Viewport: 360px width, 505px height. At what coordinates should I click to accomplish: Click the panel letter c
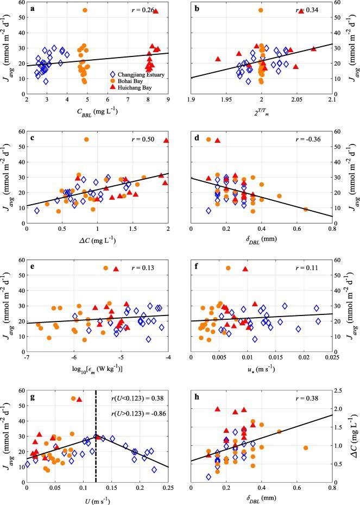point(32,140)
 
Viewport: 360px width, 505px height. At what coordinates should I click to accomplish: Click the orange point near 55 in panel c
point(86,140)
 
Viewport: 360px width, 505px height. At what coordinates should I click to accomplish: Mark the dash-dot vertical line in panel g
point(96,434)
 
